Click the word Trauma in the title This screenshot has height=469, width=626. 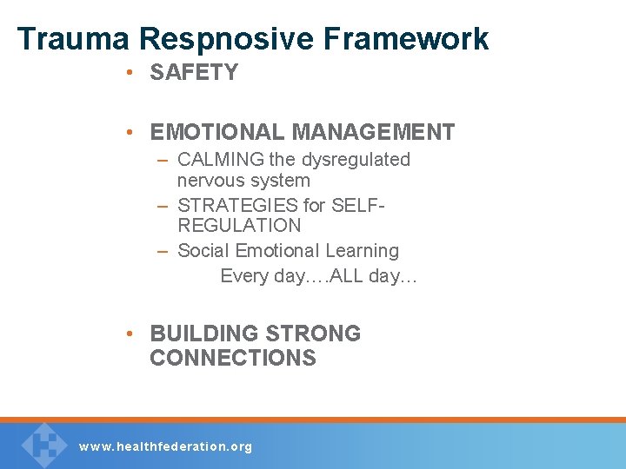72,39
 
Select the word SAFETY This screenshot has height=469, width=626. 194,73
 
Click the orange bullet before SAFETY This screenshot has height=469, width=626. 128,73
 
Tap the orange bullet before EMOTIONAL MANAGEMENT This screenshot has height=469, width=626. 128,132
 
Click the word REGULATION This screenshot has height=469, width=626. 239,226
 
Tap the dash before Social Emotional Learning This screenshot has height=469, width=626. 163,251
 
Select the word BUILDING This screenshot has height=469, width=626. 204,334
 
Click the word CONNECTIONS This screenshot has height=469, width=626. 233,358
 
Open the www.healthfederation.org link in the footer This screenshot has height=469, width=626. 165,446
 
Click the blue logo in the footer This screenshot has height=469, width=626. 43,445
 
